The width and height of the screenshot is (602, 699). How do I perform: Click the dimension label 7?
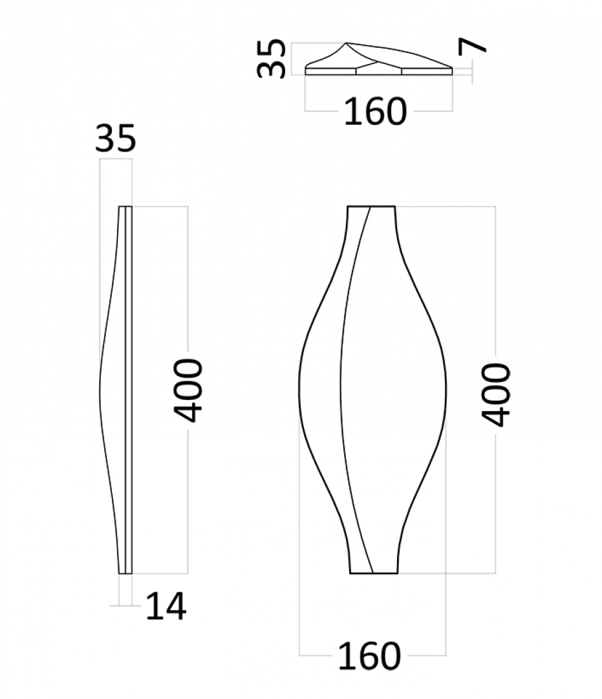pyautogui.click(x=472, y=45)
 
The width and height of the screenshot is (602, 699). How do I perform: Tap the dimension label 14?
pyautogui.click(x=166, y=606)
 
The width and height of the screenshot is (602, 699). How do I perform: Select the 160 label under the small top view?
pyautogui.click(x=375, y=111)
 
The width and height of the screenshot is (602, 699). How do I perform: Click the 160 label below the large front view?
pyautogui.click(x=370, y=656)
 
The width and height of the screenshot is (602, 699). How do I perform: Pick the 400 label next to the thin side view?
pyautogui.click(x=188, y=390)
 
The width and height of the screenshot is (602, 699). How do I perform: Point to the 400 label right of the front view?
pyautogui.click(x=495, y=395)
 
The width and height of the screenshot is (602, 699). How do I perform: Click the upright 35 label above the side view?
pyautogui.click(x=115, y=139)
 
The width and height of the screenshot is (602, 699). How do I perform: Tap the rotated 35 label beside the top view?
pyautogui.click(x=271, y=58)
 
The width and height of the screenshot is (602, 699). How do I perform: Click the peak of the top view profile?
pyautogui.click(x=347, y=43)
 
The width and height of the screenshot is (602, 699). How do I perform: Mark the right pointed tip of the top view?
pyautogui.click(x=452, y=68)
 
